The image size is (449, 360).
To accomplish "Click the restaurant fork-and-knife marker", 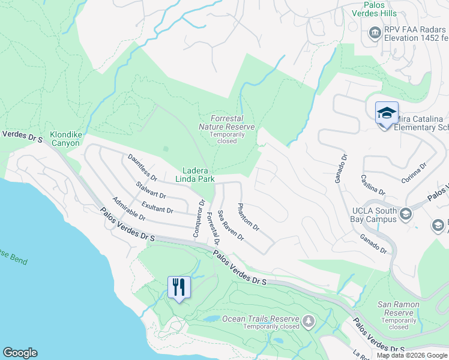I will click(179, 287).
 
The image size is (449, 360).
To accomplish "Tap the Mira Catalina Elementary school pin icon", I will click(387, 113).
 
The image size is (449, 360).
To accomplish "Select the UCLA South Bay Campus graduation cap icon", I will click(406, 214).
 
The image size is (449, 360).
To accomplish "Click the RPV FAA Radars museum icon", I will click(375, 32).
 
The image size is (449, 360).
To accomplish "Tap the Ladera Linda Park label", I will click(194, 175).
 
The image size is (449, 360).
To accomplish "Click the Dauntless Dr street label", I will click(142, 167).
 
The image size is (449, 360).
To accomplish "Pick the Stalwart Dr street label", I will click(151, 191).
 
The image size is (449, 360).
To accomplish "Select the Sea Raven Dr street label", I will click(231, 225).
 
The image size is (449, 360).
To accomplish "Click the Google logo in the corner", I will click(20, 353).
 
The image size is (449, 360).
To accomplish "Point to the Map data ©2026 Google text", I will click(411, 355).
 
